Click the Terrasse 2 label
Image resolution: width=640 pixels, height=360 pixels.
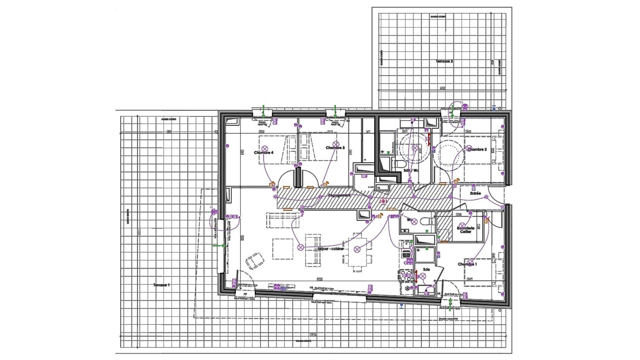coord(444,61)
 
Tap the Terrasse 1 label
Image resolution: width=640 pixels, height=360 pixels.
coord(162,285)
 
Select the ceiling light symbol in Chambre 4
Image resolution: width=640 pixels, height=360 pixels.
coord(265,148)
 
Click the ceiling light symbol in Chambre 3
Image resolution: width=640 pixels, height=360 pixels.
coord(336,144)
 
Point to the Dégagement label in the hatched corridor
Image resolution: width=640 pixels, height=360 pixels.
coord(339,195)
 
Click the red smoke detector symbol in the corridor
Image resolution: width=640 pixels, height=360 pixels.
coord(383,201)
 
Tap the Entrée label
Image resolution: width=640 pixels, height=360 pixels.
coord(475,193)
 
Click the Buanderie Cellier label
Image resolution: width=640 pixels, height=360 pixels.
coord(466,230)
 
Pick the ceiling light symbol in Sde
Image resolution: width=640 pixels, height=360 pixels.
coord(423,276)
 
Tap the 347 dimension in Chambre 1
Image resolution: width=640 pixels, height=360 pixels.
coord(470,279)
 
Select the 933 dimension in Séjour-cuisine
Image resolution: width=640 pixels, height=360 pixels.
coord(319,279)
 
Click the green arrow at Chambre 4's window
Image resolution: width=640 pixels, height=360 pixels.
coord(263,111)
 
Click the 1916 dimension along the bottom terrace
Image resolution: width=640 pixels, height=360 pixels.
coord(313,335)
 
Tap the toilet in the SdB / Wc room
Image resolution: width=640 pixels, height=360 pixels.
coord(399,164)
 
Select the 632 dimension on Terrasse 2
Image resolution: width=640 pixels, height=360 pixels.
coord(442,88)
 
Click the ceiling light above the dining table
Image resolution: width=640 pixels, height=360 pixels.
coord(357,249)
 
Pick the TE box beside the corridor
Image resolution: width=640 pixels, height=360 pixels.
coord(378,188)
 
